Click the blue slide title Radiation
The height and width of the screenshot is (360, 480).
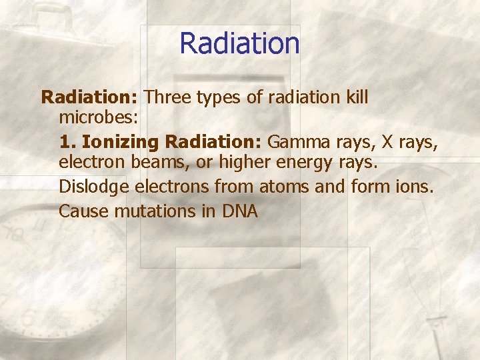tap(239, 44)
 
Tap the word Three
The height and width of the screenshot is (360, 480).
tap(168, 97)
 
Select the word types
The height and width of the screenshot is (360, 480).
tap(219, 99)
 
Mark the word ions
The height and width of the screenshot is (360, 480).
tap(416, 187)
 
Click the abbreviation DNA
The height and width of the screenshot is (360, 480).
tap(239, 211)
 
